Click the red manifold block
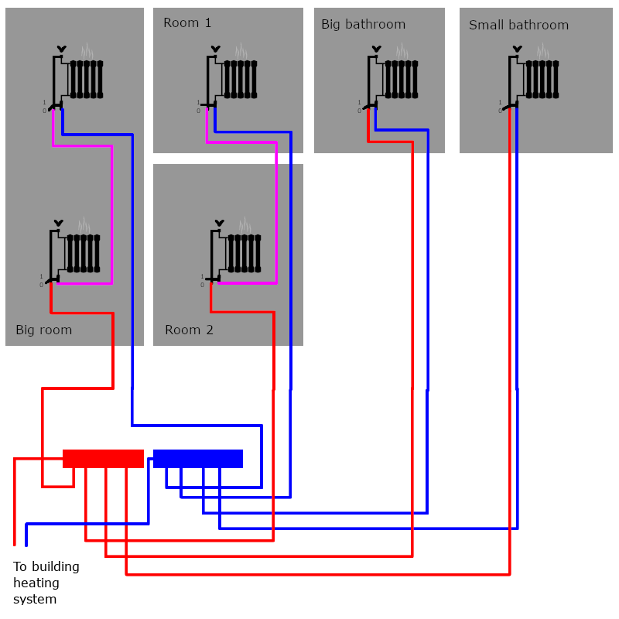[103, 459]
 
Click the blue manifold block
[198, 459]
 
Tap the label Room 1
[187, 23]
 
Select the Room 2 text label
[189, 330]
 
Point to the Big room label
[44, 330]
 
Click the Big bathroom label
[363, 25]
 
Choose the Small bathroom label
[518, 26]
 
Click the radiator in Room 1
[240, 79]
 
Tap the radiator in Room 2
[244, 253]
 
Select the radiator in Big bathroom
[401, 79]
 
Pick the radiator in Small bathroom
[542, 79]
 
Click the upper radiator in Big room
[86, 79]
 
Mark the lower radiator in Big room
[83, 253]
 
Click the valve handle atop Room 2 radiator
[219, 224]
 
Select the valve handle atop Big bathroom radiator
[376, 50]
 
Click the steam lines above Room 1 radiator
[242, 51]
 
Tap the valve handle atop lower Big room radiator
[58, 224]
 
